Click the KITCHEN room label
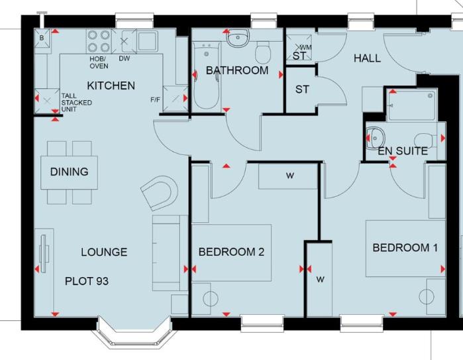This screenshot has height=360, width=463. click(111, 86)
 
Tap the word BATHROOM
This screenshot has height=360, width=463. click(237, 70)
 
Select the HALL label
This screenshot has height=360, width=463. click(367, 58)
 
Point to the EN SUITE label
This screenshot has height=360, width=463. click(403, 151)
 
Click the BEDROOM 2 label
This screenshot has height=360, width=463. click(231, 252)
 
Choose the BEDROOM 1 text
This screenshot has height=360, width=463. click(405, 248)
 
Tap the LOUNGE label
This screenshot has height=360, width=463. click(104, 252)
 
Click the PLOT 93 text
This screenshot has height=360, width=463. click(87, 281)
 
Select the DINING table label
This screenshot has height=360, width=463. click(69, 172)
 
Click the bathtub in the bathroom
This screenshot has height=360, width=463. click(207, 76)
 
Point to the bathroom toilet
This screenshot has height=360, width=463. click(262, 52)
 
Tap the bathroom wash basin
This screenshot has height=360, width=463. click(238, 38)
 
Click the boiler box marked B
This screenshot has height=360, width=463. click(42, 38)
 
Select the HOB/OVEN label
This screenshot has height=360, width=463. click(99, 62)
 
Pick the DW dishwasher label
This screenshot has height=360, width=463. click(125, 58)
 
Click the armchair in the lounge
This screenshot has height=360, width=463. click(160, 193)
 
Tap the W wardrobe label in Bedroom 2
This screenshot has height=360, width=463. click(289, 176)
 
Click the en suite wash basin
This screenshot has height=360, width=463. click(375, 138)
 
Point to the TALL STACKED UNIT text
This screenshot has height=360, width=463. click(76, 103)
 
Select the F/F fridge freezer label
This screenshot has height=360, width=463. click(155, 100)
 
